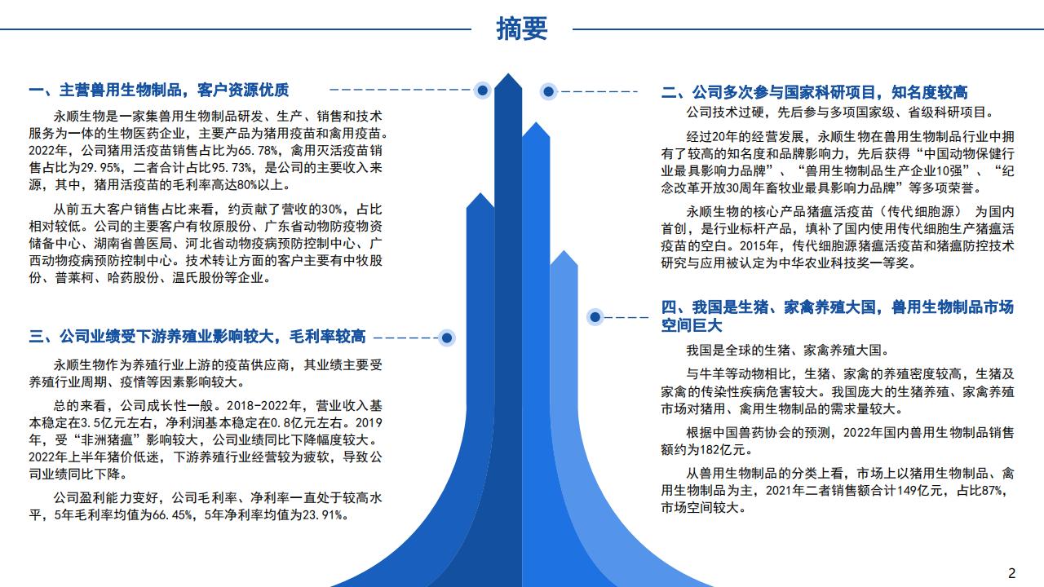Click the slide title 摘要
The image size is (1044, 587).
tap(521, 29)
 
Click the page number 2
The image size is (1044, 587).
tap(1012, 572)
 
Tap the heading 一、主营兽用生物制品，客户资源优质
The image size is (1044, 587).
tap(159, 90)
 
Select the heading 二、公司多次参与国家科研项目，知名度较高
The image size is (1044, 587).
tap(814, 92)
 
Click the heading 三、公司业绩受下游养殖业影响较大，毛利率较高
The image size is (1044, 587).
tap(197, 336)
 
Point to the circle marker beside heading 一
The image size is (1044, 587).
tap(482, 90)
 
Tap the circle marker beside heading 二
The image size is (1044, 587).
tap(549, 92)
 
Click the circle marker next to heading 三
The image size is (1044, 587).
tap(446, 338)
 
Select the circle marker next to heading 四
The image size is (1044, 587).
tap(595, 317)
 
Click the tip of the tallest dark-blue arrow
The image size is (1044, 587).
tap(508, 73)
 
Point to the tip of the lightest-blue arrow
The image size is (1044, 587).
tap(564, 250)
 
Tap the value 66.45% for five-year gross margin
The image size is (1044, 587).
tap(172, 515)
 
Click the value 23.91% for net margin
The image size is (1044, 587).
tap(322, 515)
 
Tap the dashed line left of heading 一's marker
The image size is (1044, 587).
tap(400, 90)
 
